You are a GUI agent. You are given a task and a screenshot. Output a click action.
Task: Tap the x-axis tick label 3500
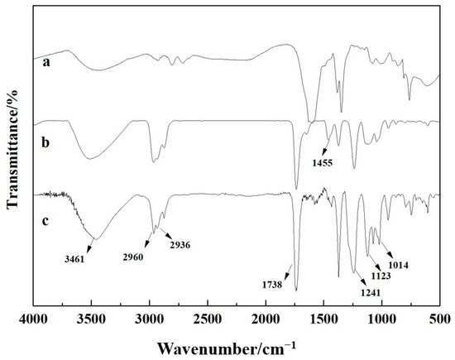[91, 319]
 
